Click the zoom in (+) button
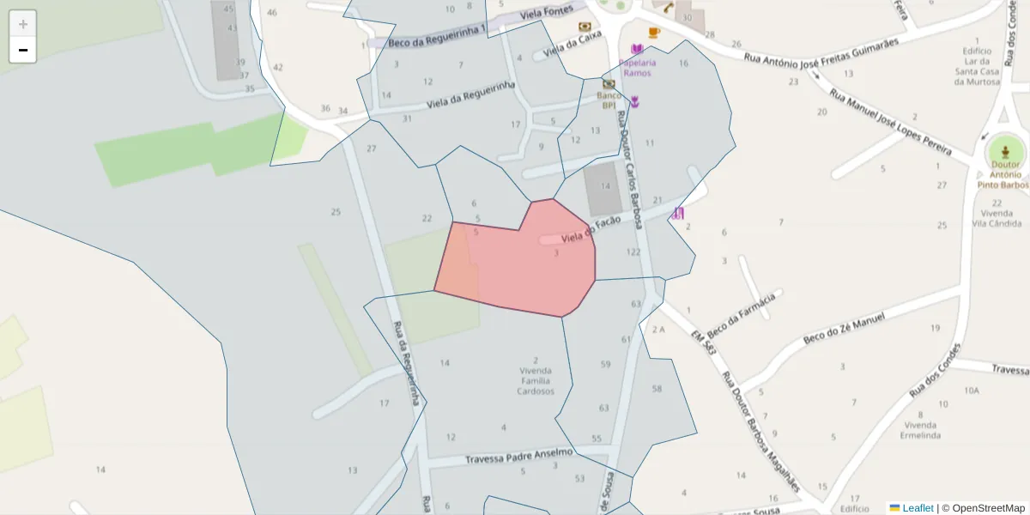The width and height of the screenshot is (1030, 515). pos(23,24)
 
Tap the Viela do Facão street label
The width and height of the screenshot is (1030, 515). pos(591,229)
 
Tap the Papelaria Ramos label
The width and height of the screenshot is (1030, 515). pos(637,67)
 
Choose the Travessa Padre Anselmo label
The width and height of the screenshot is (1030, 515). pos(518,456)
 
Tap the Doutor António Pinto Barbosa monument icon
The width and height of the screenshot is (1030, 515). pos(1005,151)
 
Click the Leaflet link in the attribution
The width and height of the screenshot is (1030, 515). pos(918,508)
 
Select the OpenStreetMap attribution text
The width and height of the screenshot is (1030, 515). pos(988,508)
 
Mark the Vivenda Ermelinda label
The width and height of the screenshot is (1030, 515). pos(919,430)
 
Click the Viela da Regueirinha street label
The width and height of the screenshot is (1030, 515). pos(470,95)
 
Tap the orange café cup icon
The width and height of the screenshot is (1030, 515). pos(654,33)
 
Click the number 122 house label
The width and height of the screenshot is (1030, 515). pos(633,252)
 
